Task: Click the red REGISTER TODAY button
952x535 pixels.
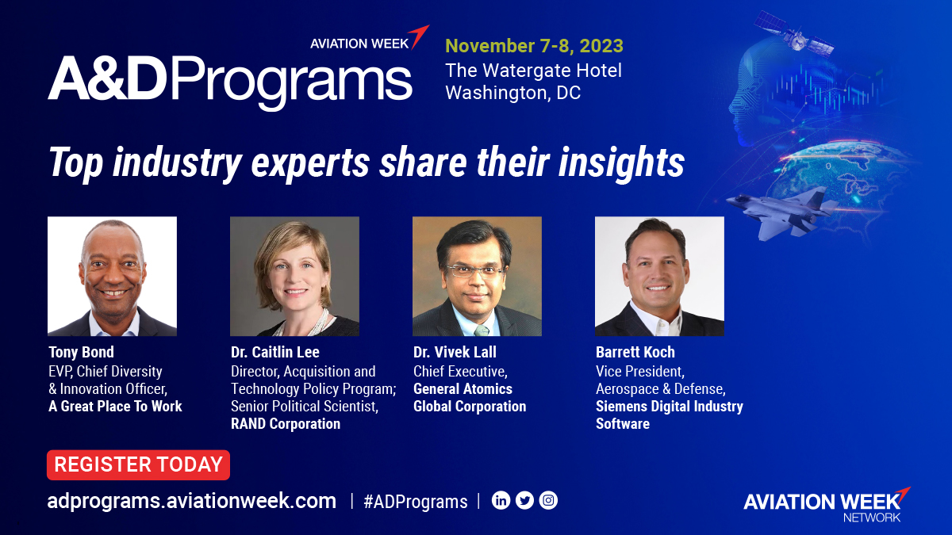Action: tap(138, 465)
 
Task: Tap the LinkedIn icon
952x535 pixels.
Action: tap(501, 500)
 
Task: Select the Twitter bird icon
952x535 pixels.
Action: tap(524, 500)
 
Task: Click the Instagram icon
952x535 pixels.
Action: tap(548, 500)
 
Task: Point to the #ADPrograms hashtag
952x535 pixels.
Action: tap(415, 502)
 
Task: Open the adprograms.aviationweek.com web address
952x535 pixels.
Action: tap(192, 501)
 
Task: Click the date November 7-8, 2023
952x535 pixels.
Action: tap(534, 45)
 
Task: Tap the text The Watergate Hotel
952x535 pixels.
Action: tap(533, 70)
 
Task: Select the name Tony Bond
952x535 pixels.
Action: tap(81, 352)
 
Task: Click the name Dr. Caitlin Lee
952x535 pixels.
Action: tap(274, 352)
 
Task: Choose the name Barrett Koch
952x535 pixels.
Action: tap(635, 352)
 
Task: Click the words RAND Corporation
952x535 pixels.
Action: tap(285, 424)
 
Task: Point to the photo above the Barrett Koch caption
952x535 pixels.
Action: tap(659, 276)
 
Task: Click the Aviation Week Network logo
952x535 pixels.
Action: tap(825, 504)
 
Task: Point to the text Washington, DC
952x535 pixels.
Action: tap(512, 93)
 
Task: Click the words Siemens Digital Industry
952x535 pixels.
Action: tap(669, 407)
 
